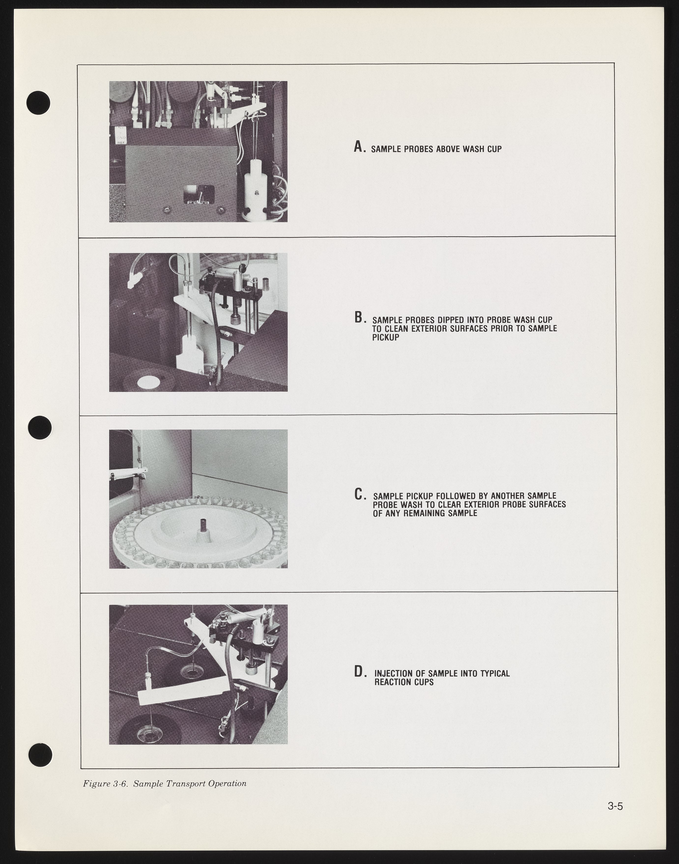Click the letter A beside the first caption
[x=359, y=147]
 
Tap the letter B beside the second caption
[x=359, y=317]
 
